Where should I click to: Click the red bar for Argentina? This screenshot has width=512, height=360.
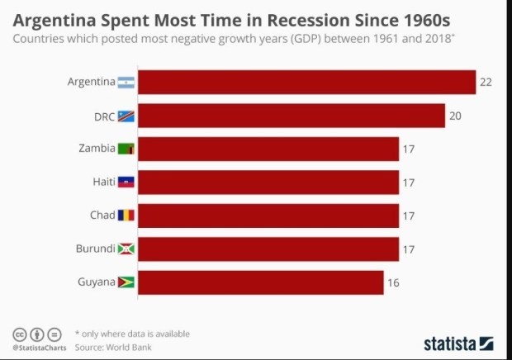pyautogui.click(x=306, y=83)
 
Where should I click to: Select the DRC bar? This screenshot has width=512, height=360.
pyautogui.click(x=292, y=116)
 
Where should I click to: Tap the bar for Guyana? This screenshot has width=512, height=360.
pyautogui.click(x=261, y=282)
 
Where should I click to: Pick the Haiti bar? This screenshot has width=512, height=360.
pyautogui.click(x=268, y=182)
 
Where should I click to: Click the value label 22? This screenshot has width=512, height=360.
pyautogui.click(x=486, y=83)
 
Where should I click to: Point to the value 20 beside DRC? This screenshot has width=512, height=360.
pyautogui.click(x=455, y=116)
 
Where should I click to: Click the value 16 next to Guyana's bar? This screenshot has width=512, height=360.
pyautogui.click(x=393, y=282)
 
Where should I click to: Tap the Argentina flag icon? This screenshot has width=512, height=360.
pyautogui.click(x=126, y=83)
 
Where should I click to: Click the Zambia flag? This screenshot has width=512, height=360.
pyautogui.click(x=126, y=149)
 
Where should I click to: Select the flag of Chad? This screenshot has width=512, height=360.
pyautogui.click(x=126, y=216)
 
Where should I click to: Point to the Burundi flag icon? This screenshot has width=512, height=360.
pyautogui.click(x=126, y=249)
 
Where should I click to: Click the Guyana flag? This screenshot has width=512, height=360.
pyautogui.click(x=126, y=282)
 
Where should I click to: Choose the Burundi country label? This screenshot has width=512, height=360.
pyautogui.click(x=94, y=249)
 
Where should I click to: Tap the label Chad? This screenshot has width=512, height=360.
pyautogui.click(x=102, y=216)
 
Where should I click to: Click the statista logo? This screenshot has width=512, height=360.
pyautogui.click(x=458, y=342)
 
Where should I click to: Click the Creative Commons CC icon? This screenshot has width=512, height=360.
pyautogui.click(x=19, y=334)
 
